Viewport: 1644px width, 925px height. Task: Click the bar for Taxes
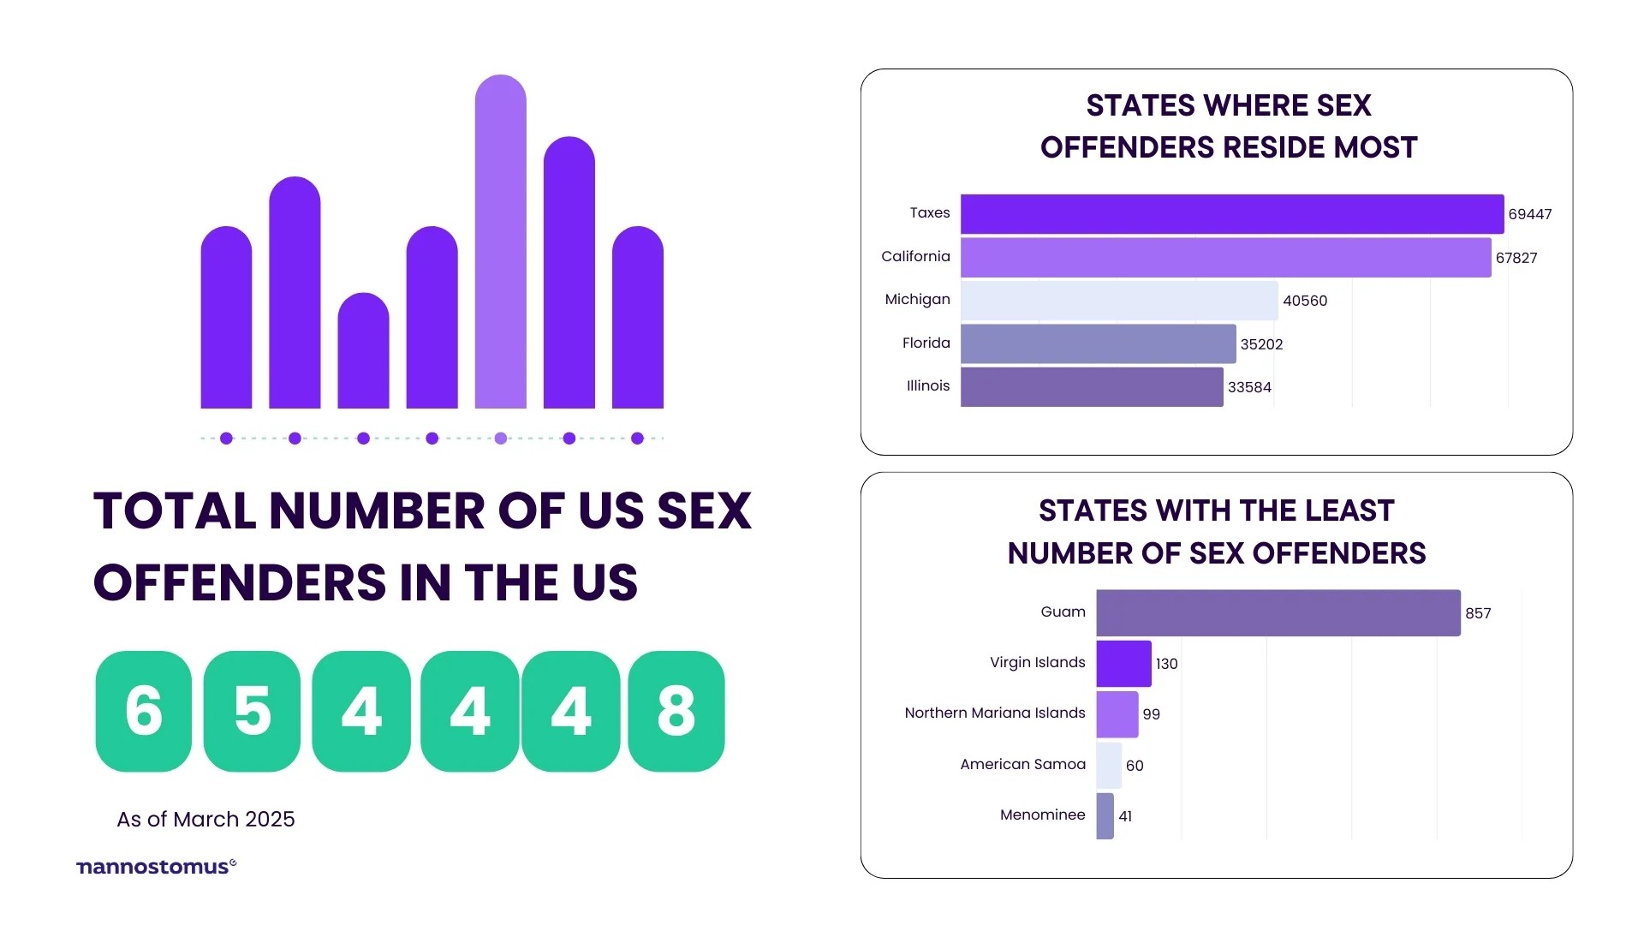(1231, 214)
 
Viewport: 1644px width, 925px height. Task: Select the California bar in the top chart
(1225, 258)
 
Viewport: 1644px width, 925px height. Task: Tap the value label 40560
(1305, 301)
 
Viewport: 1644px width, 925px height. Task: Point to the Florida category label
(926, 343)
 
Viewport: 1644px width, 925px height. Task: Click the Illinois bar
(1092, 387)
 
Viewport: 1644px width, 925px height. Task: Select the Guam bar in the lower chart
(1278, 613)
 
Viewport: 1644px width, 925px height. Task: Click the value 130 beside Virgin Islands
(1166, 664)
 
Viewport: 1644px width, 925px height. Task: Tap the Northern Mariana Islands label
(994, 713)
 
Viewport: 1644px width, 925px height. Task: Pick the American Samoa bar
(1108, 766)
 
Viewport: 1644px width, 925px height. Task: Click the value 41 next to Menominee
(1125, 816)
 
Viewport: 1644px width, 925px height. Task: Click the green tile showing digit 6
(143, 711)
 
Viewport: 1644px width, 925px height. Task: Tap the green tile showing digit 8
(676, 711)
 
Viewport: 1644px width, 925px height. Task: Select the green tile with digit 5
(252, 711)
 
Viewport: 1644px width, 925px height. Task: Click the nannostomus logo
(156, 867)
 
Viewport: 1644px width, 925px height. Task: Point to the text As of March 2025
(205, 820)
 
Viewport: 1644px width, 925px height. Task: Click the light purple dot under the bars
(500, 439)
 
